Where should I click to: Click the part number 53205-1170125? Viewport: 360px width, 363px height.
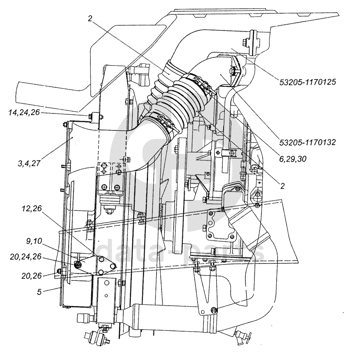point(307,82)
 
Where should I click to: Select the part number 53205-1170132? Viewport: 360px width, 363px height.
point(307,142)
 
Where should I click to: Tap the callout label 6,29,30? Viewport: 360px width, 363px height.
point(293,159)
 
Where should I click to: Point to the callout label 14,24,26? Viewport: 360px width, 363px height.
point(24,113)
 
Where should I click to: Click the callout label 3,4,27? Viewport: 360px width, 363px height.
point(29,163)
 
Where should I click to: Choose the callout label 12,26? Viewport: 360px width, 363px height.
point(32,208)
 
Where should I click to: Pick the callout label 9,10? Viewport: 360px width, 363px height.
point(34,241)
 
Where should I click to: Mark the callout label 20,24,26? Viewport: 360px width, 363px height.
point(26,256)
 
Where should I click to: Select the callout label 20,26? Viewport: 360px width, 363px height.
point(31,276)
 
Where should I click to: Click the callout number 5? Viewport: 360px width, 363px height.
point(40,292)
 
